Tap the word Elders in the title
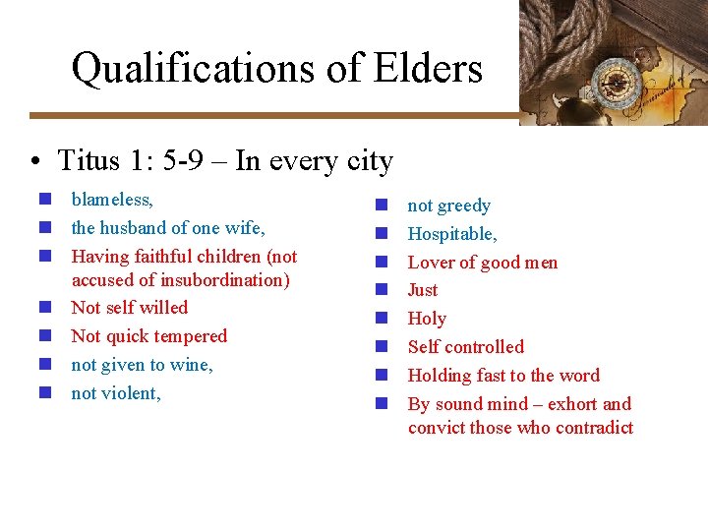point(429,69)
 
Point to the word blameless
point(111,200)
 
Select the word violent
point(132,393)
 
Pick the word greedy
point(463,206)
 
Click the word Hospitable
point(451,234)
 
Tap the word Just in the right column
point(423,290)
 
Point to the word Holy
point(427,319)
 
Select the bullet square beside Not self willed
point(44,308)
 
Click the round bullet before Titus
point(33,160)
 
